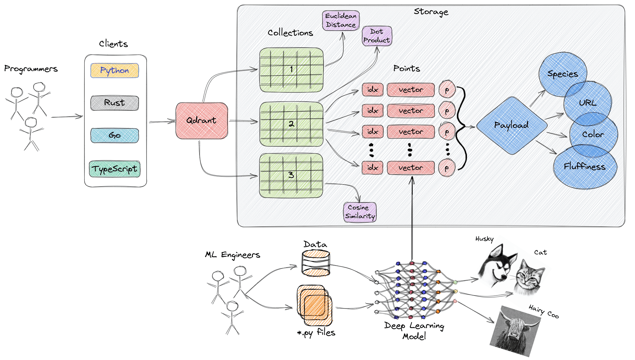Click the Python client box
point(114,71)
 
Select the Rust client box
point(114,103)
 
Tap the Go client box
point(114,136)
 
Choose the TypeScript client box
point(114,169)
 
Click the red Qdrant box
point(202,121)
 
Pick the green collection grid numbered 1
point(291,70)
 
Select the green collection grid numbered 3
point(291,176)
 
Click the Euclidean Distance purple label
point(341,20)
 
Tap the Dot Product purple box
point(377,36)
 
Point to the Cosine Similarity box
point(360,212)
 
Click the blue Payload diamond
point(511,125)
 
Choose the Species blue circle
point(562,74)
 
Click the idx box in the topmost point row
point(372,90)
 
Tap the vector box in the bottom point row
point(411,168)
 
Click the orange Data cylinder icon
point(316,264)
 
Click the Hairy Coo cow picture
point(516,330)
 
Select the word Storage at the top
point(431,12)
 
